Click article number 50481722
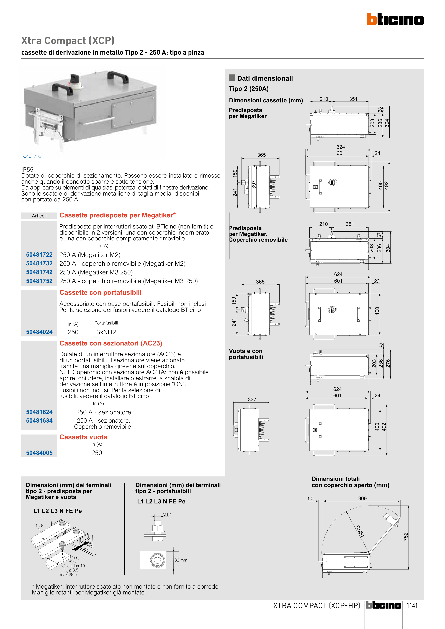click(39, 254)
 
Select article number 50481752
click(39, 281)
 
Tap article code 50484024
click(39, 332)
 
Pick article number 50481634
click(39, 420)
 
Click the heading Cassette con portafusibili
click(100, 293)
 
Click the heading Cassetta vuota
click(83, 437)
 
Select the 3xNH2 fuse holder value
click(106, 332)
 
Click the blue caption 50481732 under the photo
click(31, 156)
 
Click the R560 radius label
click(360, 531)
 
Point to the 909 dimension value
click(362, 498)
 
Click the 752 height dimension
click(406, 536)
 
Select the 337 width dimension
click(252, 399)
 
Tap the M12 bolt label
click(167, 514)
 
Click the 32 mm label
click(181, 560)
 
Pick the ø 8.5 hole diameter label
click(74, 570)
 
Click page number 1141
click(412, 605)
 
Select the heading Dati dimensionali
click(265, 78)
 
